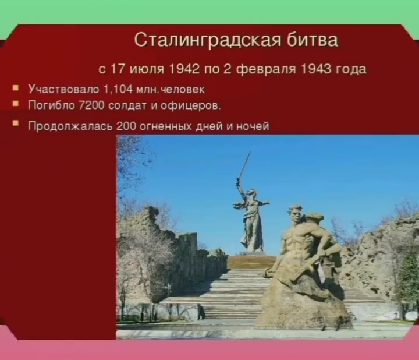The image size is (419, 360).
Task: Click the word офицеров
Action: click(198, 105)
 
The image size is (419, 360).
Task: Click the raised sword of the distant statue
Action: click(244, 165)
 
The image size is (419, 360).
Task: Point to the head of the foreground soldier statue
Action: click(295, 213)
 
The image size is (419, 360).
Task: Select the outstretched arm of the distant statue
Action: click(262, 203)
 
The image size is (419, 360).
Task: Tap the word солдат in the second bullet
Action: click(120, 105)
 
